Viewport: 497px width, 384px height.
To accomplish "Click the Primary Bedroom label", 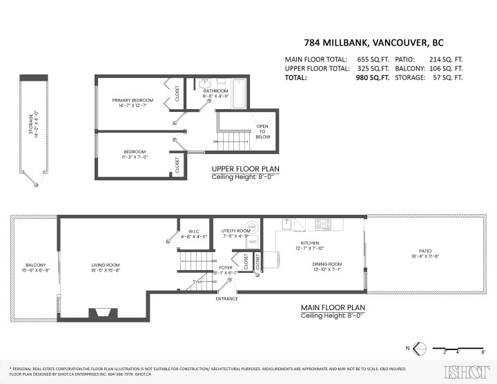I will click(133, 100).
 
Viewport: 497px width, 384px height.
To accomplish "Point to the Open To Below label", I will click(263, 131).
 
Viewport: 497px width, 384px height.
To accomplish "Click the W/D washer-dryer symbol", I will click(253, 242).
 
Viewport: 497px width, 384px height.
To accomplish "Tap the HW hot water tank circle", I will click(253, 227).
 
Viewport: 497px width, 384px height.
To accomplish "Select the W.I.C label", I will click(188, 231).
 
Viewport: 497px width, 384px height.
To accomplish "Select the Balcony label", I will click(35, 265).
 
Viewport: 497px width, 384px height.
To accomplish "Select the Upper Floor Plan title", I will click(242, 169).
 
